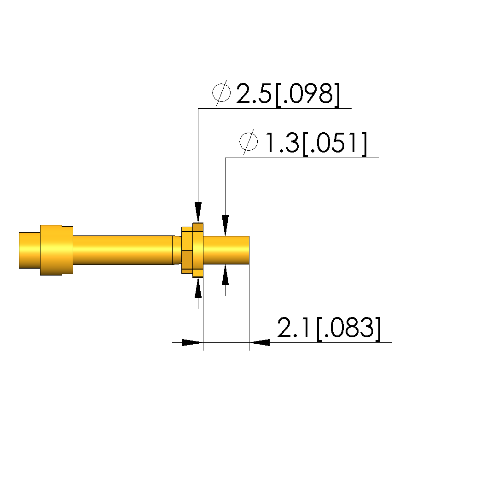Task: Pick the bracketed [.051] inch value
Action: tap(335, 144)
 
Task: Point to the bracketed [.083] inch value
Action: tap(348, 329)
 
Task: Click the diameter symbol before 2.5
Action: tap(221, 93)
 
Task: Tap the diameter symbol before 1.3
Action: tap(249, 142)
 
